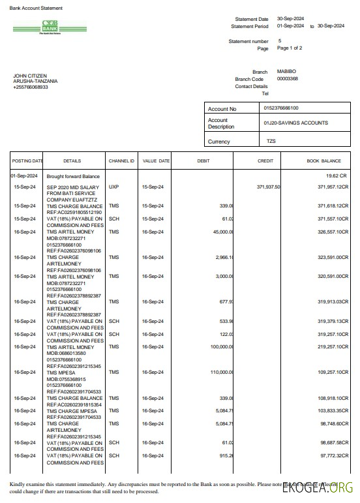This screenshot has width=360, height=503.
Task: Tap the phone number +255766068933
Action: point(31,87)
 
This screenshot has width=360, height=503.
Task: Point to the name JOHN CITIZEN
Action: point(30,76)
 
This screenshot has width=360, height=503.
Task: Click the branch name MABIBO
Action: point(286,71)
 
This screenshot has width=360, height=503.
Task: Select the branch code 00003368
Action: point(288,78)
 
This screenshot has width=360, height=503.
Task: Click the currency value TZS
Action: point(271,141)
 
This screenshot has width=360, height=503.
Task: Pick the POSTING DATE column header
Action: point(27,160)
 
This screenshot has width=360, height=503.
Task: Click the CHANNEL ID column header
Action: point(121,160)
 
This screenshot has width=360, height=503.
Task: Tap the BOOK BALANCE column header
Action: point(323,160)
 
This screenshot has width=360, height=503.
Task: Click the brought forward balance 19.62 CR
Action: point(337,176)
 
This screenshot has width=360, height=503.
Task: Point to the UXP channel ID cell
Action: point(114,187)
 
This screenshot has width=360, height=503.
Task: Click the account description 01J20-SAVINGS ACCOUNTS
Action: point(295,123)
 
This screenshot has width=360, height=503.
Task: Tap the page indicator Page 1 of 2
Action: point(290,48)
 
